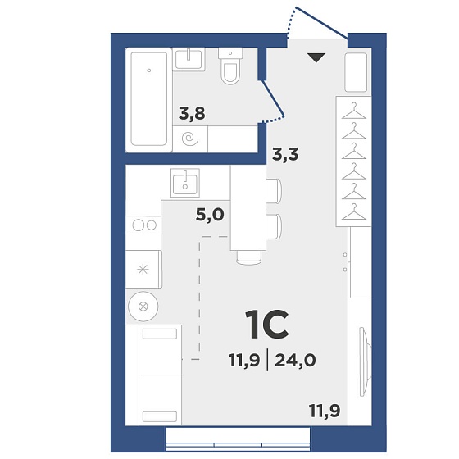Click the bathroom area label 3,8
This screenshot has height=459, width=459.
192,114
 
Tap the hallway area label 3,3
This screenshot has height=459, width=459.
285,154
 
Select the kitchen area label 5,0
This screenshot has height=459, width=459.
210,215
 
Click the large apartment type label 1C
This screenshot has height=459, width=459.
267,325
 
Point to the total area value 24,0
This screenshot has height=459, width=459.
295,360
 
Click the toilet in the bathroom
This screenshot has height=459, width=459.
230,66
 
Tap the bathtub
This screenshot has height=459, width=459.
149,99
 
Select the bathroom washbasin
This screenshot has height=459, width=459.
189,59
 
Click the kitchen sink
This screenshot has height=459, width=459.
185,182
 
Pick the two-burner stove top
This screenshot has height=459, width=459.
143,225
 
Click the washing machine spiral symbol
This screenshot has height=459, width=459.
190,139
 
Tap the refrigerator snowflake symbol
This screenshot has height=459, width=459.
143,270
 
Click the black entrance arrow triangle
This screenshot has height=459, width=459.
316,57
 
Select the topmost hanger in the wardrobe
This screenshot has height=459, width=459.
354,111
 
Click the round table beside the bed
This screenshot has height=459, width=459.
143,307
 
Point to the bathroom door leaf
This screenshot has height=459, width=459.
272,98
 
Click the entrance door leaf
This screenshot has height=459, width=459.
321,23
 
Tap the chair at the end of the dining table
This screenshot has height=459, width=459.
248,257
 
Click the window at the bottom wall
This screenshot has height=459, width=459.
238,439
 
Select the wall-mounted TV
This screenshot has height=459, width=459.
366,361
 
